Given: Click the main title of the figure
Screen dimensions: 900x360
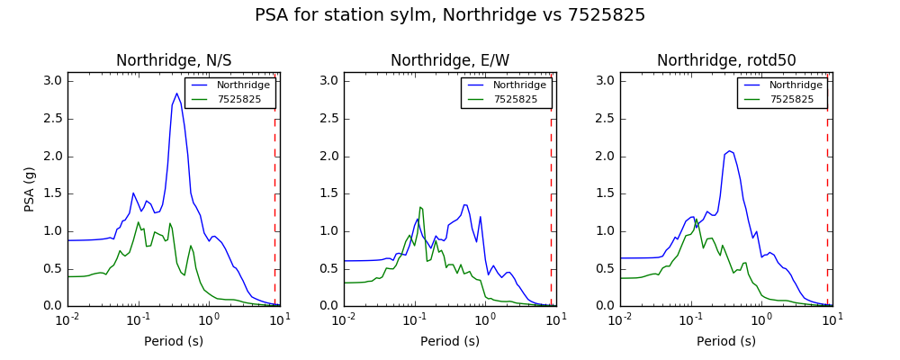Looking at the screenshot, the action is [x=450, y=15].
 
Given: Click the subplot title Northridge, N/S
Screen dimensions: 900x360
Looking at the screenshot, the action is [x=174, y=60].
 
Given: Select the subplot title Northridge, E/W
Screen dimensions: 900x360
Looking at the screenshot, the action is [x=450, y=60].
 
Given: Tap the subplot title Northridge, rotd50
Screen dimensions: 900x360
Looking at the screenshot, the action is [x=726, y=60].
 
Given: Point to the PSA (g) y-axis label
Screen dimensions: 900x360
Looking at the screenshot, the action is [x=30, y=190].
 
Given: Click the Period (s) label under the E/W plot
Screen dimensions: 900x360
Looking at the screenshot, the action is [x=450, y=342].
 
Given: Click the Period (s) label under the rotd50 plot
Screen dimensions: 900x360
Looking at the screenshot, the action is [x=726, y=342].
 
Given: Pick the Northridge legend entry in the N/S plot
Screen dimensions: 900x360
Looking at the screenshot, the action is [x=231, y=85].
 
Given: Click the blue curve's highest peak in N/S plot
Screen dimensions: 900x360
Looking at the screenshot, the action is [x=176, y=93].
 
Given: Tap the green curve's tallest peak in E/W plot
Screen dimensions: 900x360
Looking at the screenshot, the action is [x=420, y=207].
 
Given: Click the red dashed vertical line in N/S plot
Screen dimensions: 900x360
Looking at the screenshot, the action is [x=274, y=212].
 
